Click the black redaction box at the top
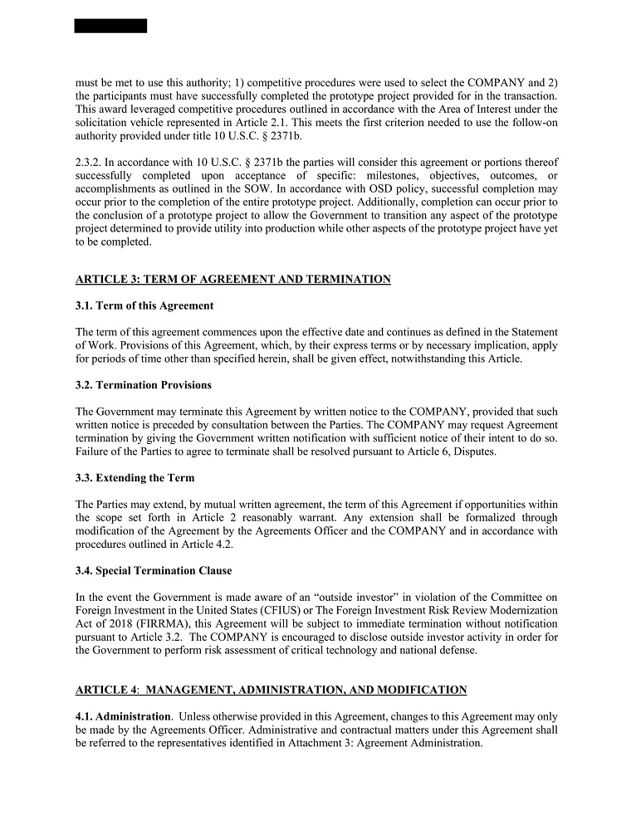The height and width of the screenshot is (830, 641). pos(110,26)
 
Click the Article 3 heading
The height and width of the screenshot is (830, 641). pos(232,280)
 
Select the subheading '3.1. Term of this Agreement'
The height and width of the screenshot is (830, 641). pos(144,305)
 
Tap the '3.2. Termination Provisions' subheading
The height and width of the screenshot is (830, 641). pos(144,385)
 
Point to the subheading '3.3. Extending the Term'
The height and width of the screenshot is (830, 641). pos(135,478)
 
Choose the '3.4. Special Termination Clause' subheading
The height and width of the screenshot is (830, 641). pos(154,571)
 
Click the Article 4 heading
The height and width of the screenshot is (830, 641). pos(271,690)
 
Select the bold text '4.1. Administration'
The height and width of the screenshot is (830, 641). pos(123,716)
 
